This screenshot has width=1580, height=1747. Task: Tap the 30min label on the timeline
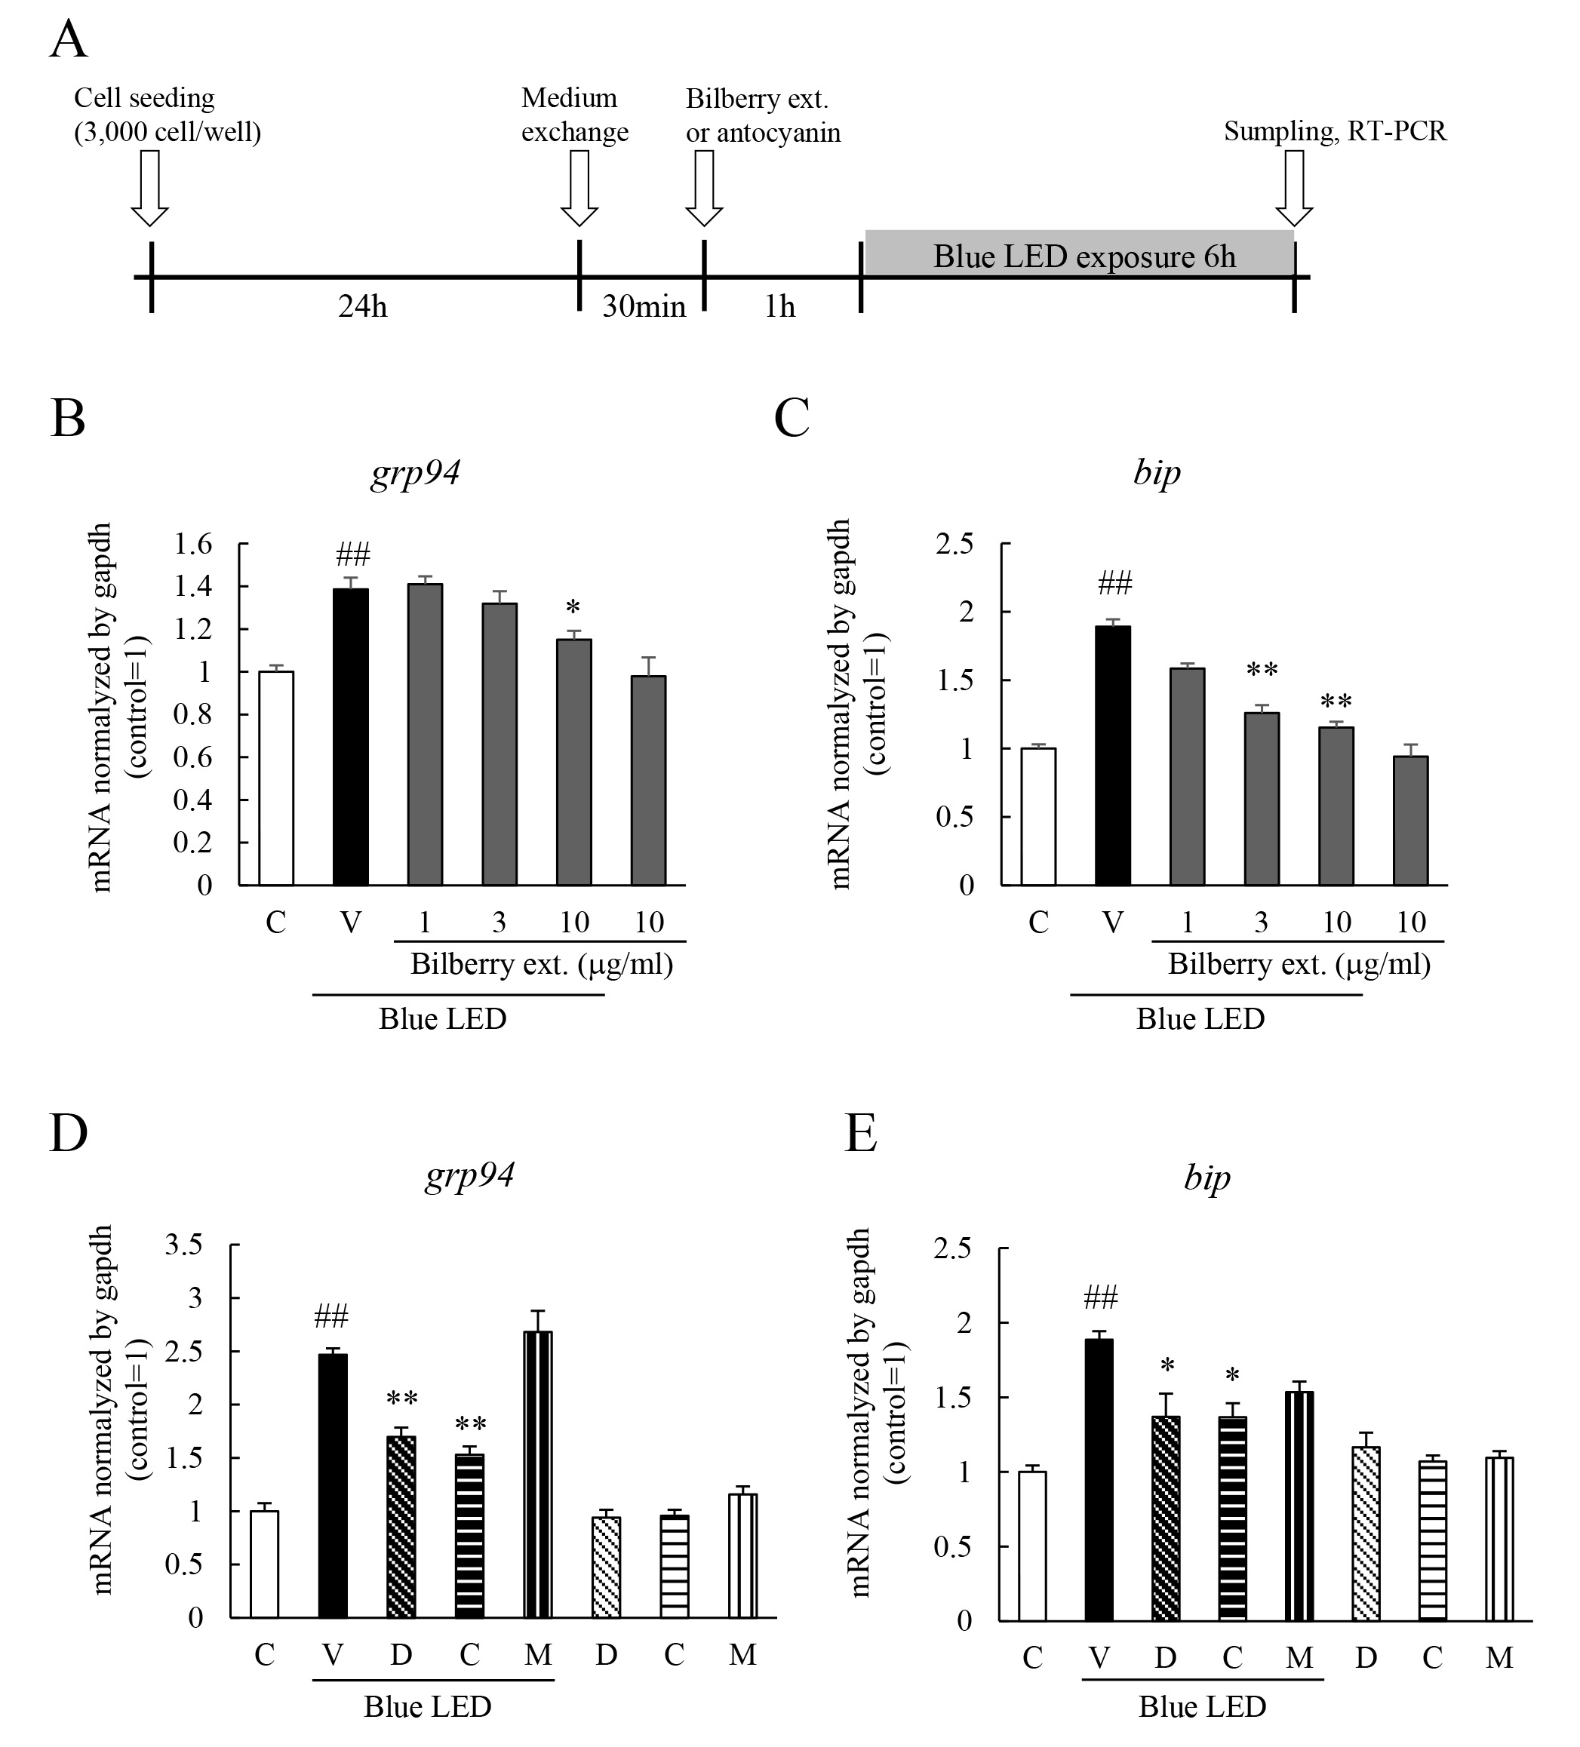click(x=643, y=307)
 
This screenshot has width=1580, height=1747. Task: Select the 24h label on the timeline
click(x=362, y=307)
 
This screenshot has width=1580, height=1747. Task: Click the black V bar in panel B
click(x=351, y=736)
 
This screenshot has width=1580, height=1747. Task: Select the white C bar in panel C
click(x=1038, y=815)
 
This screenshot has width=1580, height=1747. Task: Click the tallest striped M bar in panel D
click(x=537, y=1474)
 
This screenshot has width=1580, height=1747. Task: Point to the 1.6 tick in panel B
click(x=192, y=544)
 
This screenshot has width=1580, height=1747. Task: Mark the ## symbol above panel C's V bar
click(x=1114, y=584)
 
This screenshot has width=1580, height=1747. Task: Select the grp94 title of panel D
click(x=470, y=1174)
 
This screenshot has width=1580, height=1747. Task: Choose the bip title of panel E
click(x=1207, y=1177)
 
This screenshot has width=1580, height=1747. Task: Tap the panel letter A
click(x=69, y=40)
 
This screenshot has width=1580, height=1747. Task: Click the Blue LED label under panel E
click(x=1202, y=1706)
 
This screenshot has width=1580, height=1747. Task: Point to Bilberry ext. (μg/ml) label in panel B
click(x=541, y=965)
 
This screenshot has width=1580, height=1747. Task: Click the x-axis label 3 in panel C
click(x=1261, y=922)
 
